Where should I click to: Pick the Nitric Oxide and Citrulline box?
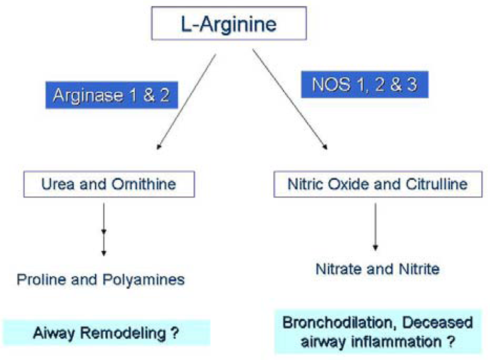point(371,184)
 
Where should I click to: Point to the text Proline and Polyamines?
point(100,279)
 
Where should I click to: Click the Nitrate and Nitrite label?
point(378,269)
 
